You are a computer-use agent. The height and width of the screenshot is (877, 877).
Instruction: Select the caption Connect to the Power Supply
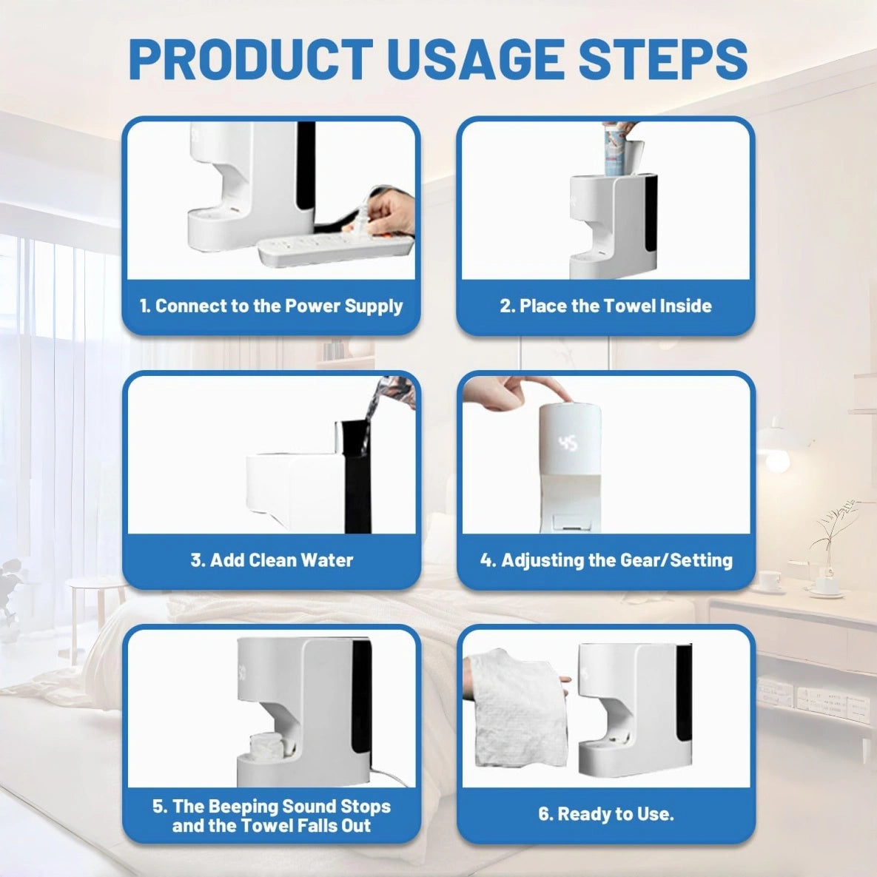(271, 306)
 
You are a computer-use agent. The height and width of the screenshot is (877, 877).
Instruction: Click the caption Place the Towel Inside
(605, 306)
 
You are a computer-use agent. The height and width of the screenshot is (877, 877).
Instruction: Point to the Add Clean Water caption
(271, 560)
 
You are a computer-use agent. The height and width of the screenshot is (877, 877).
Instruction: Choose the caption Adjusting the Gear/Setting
(605, 560)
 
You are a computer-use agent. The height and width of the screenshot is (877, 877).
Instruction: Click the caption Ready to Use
(605, 814)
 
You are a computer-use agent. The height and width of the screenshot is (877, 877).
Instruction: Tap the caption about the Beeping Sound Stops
(271, 816)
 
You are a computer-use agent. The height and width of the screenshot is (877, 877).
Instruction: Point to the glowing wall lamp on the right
(777, 456)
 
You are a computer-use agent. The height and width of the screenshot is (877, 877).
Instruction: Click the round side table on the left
(96, 592)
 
